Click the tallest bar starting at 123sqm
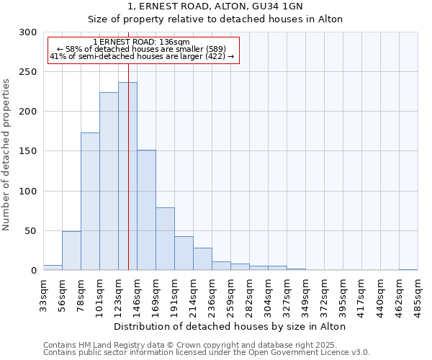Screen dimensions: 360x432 (127, 176)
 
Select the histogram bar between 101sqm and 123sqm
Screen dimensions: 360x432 (109, 181)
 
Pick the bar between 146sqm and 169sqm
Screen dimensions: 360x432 (146, 210)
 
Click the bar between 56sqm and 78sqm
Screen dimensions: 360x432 (71, 251)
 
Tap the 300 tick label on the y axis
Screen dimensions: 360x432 (28, 32)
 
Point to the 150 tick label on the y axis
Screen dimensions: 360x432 (28, 151)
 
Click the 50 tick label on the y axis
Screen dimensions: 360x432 (31, 231)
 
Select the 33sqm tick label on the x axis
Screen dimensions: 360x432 (43, 295)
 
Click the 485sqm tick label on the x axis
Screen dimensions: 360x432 (418, 295)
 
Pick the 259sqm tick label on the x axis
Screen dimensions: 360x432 (230, 295)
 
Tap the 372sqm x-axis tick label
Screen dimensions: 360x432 (324, 295)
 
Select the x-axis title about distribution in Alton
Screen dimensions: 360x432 (230, 326)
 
